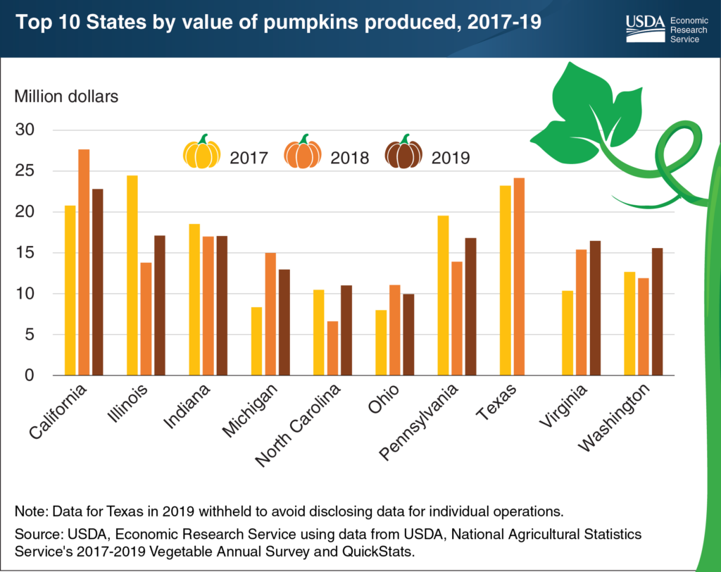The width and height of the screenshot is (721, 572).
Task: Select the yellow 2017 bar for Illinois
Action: click(x=132, y=275)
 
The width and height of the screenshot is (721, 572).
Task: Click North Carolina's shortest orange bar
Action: click(x=333, y=348)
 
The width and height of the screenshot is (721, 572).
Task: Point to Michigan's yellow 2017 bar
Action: click(x=256, y=341)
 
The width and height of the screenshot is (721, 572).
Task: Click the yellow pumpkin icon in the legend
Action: click(x=201, y=152)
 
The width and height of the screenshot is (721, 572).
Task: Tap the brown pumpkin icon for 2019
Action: click(x=403, y=152)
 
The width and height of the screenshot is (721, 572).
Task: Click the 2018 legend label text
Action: click(x=349, y=157)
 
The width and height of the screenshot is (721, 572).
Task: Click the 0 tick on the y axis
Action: click(x=29, y=375)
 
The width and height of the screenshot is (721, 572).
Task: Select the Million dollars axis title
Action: click(x=66, y=97)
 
